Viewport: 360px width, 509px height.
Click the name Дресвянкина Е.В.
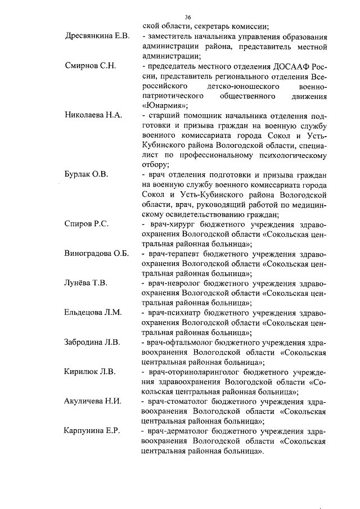pyautogui.click(x=97, y=36)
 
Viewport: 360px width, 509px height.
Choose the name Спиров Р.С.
pyautogui.click(x=86, y=224)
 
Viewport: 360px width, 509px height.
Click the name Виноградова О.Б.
pyautogui.click(x=97, y=253)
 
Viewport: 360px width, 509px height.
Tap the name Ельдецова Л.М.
pyautogui.click(x=93, y=312)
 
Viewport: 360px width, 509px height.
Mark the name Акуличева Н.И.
pyautogui.click(x=93, y=400)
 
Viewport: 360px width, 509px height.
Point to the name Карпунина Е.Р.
pyautogui.click(x=92, y=431)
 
